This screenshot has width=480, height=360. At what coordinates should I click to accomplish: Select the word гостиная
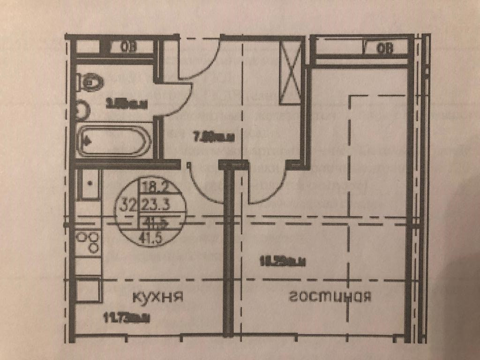click(x=330, y=296)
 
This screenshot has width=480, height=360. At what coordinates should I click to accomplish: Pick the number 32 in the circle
click(x=129, y=204)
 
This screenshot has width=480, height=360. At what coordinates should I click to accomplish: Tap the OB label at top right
click(x=386, y=48)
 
